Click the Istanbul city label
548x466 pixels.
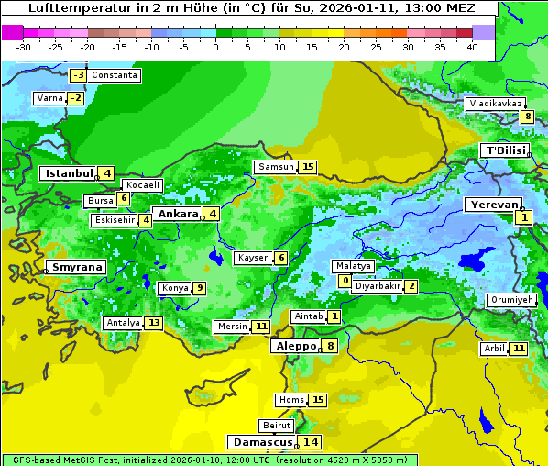[70, 172]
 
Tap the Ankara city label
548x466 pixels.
[177, 214]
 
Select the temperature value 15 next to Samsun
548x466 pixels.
[307, 167]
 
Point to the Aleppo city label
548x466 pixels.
[294, 346]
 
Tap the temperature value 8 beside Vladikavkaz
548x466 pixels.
[527, 116]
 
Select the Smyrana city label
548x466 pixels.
[76, 267]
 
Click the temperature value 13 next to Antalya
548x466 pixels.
[153, 323]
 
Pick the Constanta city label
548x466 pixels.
[115, 75]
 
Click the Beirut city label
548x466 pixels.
[277, 426]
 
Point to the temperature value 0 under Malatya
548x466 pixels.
[345, 280]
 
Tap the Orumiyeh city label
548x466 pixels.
[510, 300]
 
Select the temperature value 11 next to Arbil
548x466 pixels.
[519, 349]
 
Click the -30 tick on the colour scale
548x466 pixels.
[25, 47]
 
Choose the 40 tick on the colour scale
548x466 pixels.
[472, 47]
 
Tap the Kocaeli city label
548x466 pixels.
[143, 185]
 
